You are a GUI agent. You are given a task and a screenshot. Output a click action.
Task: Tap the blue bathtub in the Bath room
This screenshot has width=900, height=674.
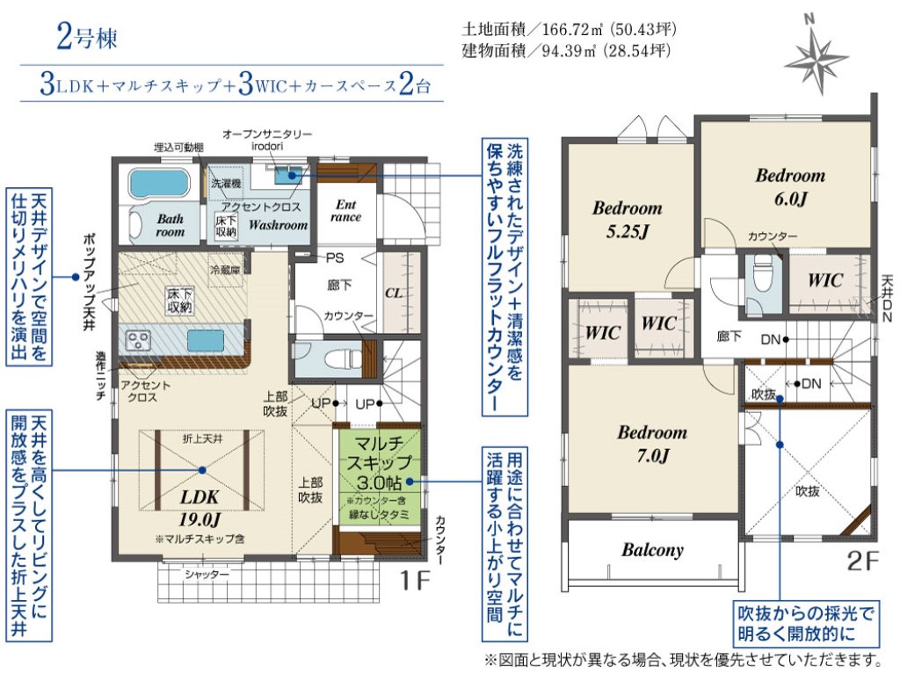click(x=158, y=183)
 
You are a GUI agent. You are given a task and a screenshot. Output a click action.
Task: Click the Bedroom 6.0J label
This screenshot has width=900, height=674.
click(x=790, y=186)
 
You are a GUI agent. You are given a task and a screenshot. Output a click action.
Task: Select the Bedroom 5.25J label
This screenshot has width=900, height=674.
click(x=627, y=220)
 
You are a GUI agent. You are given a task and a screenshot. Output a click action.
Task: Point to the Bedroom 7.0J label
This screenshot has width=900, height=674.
click(x=652, y=443)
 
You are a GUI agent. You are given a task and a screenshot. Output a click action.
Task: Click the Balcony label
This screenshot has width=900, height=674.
click(x=652, y=549)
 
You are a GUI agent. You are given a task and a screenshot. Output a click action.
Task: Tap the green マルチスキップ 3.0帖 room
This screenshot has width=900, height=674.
click(x=380, y=475)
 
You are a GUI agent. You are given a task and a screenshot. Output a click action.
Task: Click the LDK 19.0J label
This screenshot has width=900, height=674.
click(x=200, y=508)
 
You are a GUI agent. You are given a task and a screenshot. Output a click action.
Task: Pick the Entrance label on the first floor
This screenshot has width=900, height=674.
click(x=345, y=211)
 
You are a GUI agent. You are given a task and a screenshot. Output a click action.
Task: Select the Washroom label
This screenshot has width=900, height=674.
click(x=278, y=224)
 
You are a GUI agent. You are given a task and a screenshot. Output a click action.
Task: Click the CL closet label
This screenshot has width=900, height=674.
click(x=394, y=294)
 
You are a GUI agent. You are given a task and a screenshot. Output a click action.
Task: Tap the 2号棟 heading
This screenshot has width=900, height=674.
click(x=87, y=37)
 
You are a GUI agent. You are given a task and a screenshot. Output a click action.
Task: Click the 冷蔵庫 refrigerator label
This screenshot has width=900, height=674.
click(x=225, y=269)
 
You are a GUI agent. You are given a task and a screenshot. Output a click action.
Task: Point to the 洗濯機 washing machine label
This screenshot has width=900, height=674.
click(x=226, y=184)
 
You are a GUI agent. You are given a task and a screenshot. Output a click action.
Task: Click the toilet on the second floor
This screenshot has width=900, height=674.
click(x=763, y=273)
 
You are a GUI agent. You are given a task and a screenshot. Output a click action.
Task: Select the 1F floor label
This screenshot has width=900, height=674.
click(x=415, y=581)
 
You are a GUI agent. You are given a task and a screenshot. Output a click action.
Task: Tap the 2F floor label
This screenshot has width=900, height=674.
click(x=863, y=562)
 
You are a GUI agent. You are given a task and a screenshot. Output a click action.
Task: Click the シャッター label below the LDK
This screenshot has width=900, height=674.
click(x=206, y=574)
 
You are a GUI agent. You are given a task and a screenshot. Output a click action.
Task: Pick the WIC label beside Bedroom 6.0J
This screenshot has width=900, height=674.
click(x=825, y=280)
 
